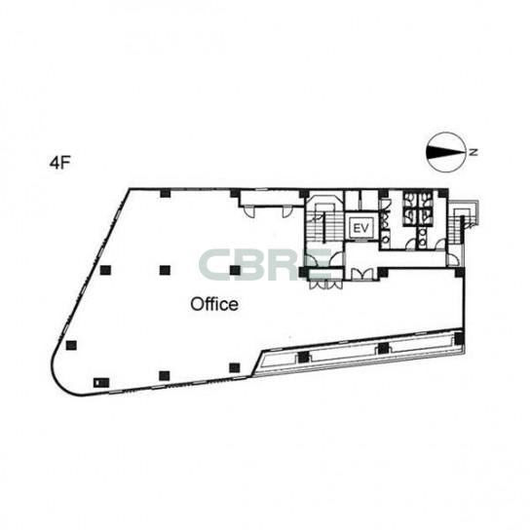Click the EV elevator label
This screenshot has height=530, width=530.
(361, 228)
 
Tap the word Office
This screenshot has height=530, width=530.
(214, 304)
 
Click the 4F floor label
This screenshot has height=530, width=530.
(58, 163)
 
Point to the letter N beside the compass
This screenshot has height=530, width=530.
(473, 152)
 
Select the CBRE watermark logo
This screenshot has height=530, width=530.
(265, 265)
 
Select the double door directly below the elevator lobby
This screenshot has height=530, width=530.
(362, 274)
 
